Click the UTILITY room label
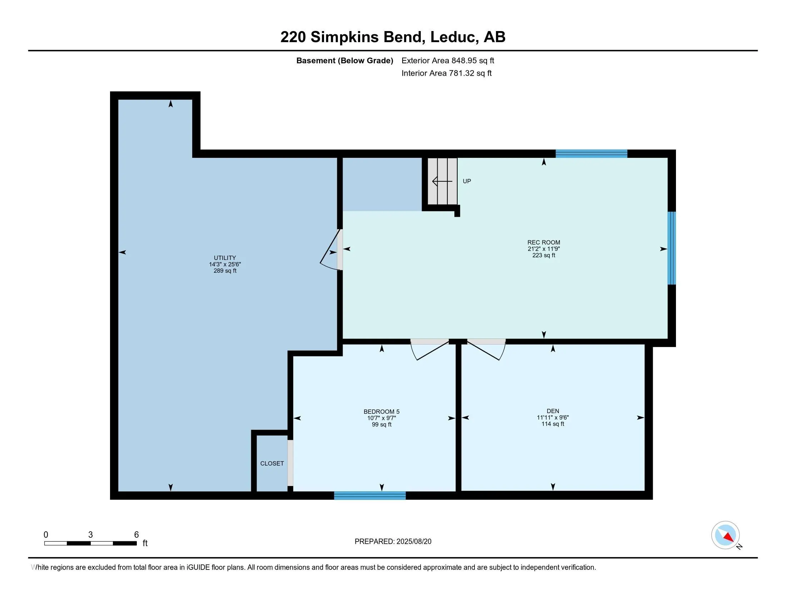(x=225, y=258)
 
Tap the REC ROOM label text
(x=543, y=242)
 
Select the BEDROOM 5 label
(x=381, y=411)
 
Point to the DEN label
(x=552, y=411)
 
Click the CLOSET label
(x=272, y=463)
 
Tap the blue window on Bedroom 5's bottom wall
(x=370, y=496)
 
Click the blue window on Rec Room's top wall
(x=591, y=154)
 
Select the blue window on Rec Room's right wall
(x=671, y=248)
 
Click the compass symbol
(x=725, y=535)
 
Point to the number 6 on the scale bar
(x=136, y=535)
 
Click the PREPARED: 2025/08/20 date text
(x=393, y=541)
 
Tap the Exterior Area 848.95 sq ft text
(x=448, y=60)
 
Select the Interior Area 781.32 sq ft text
(x=446, y=73)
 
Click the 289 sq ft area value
(x=225, y=271)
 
